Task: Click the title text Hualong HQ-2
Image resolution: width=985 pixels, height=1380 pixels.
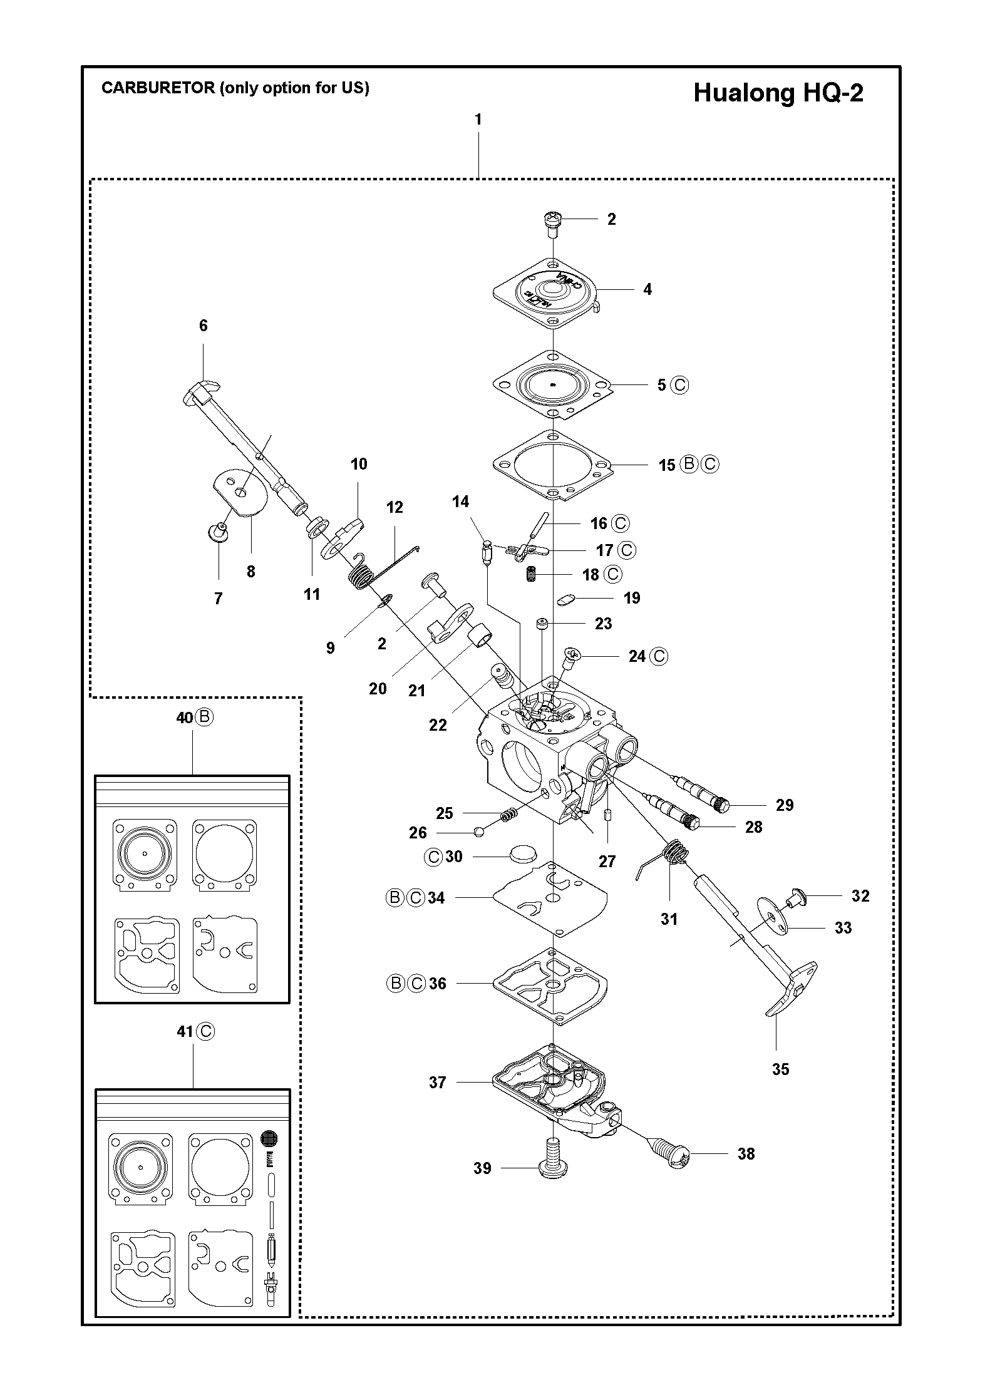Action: pos(778,93)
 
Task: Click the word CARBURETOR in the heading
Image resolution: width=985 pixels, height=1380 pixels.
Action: pos(158,88)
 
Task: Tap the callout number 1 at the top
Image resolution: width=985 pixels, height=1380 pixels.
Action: pos(478,119)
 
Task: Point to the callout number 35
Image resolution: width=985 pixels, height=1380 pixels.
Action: pos(780,1069)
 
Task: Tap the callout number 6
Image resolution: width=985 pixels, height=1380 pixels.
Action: pos(204,326)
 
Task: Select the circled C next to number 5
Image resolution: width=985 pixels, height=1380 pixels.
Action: pos(679,384)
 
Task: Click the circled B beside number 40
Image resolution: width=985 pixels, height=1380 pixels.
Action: pos(204,717)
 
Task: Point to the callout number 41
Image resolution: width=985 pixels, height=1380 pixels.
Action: pos(185,1031)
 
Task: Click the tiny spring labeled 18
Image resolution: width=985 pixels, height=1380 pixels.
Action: pos(532,573)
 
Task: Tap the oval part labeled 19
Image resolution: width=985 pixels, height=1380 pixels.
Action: pos(565,600)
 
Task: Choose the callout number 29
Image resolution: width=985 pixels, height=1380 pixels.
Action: pos(785,805)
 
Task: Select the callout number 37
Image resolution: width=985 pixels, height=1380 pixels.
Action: pos(437,1082)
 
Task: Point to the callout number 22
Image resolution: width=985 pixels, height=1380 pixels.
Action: pos(438,724)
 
